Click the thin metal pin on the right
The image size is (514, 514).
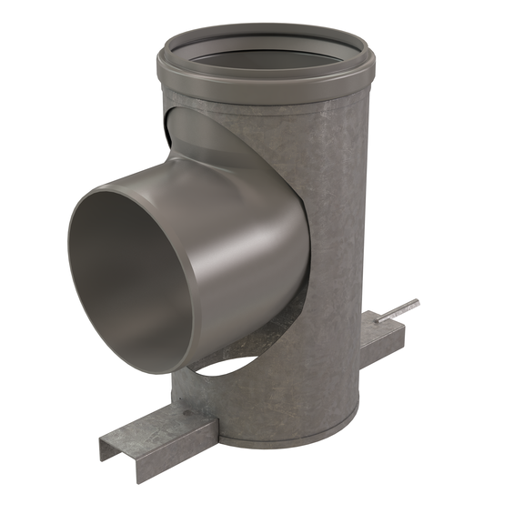398,309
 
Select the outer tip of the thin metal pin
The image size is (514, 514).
417,301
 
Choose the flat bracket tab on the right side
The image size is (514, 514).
382,337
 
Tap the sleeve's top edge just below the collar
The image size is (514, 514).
273,99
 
